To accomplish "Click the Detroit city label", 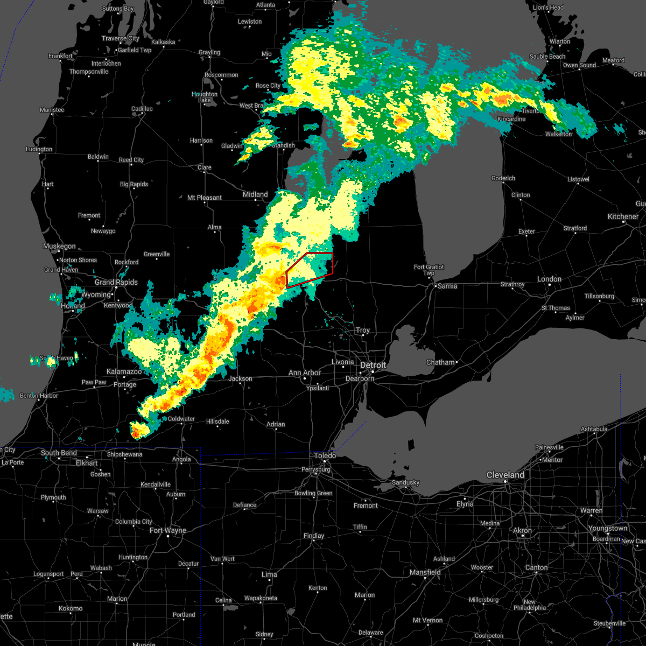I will pyautogui.click(x=373, y=365).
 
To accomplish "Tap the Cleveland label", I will pyautogui.click(x=505, y=475).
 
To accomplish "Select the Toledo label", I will pyautogui.click(x=325, y=455).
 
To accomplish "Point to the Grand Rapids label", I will pyautogui.click(x=116, y=282).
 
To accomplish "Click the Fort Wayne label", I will pyautogui.click(x=168, y=530).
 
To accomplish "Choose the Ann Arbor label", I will pyautogui.click(x=305, y=373).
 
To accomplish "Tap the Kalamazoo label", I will pyautogui.click(x=124, y=371).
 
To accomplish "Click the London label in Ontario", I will pyautogui.click(x=549, y=279).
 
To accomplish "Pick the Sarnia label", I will pyautogui.click(x=447, y=286).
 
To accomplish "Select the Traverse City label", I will pyautogui.click(x=121, y=38).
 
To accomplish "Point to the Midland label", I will pyautogui.click(x=255, y=194).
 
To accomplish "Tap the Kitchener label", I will pyautogui.click(x=623, y=216).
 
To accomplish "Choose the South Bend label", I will pyautogui.click(x=59, y=453).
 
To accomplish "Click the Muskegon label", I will pyautogui.click(x=59, y=246).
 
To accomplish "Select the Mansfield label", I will pyautogui.click(x=425, y=572).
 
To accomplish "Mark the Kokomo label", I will pyautogui.click(x=71, y=608).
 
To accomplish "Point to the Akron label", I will pyautogui.click(x=522, y=530).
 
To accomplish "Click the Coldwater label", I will pyautogui.click(x=181, y=419).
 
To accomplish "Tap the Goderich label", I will pyautogui.click(x=503, y=178).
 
